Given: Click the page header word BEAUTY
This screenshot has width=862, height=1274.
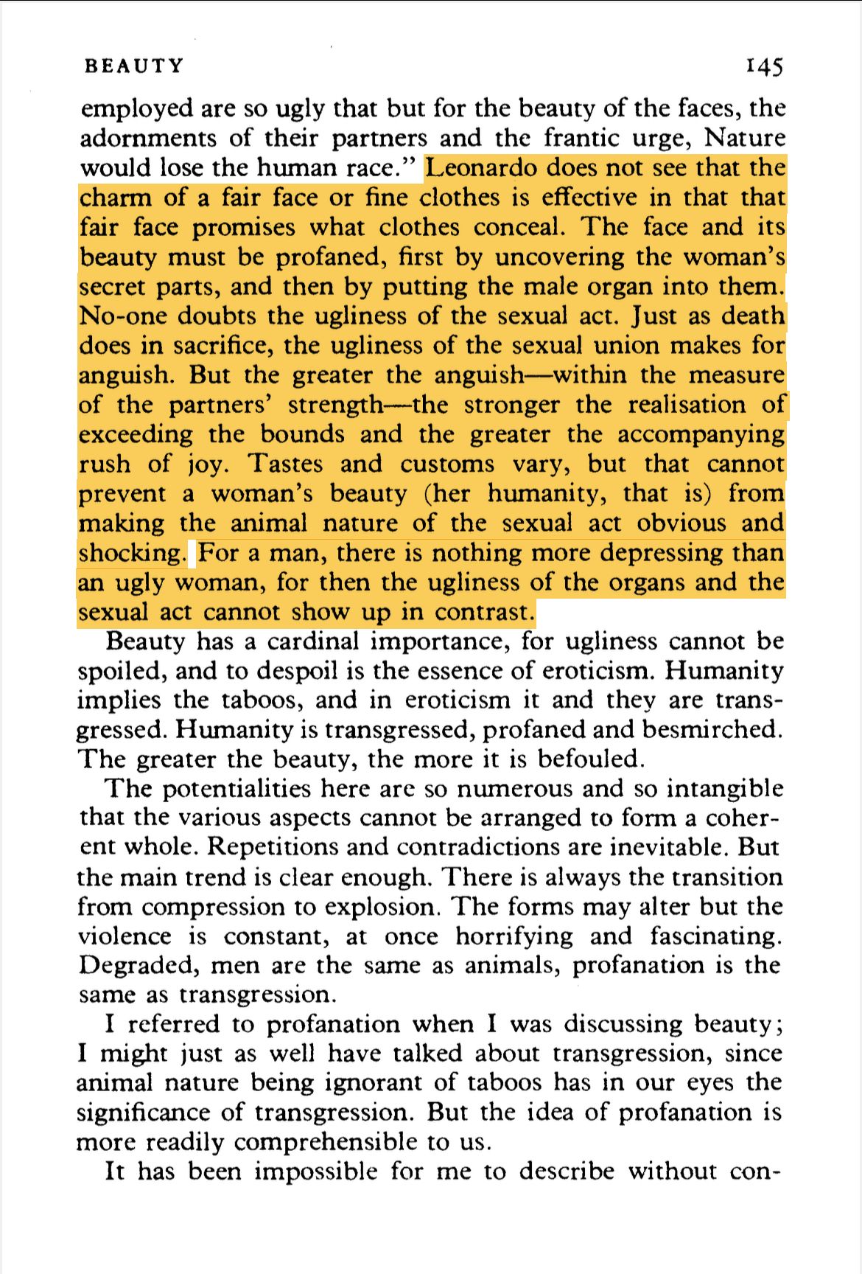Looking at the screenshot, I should tap(133, 66).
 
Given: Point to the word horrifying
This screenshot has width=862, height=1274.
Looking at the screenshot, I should tap(514, 936).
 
